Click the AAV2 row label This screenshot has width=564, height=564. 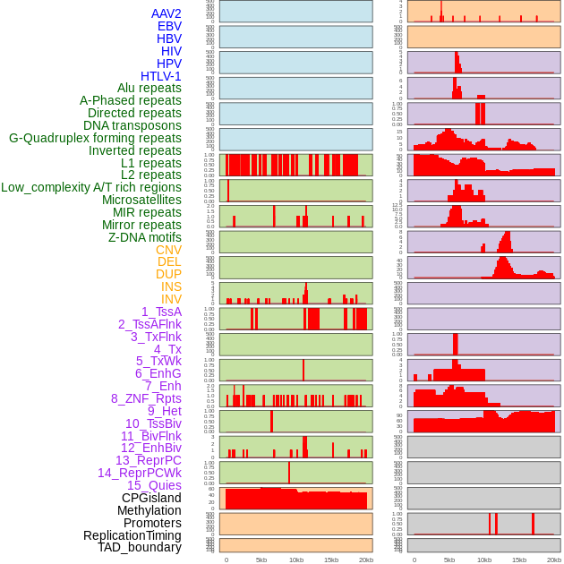click(x=167, y=13)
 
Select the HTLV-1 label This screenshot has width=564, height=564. click(x=161, y=76)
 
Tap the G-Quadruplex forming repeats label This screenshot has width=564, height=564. click(x=95, y=138)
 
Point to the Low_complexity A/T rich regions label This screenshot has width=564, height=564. click(x=91, y=187)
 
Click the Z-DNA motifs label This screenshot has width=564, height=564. click(x=145, y=237)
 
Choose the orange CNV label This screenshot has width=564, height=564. click(x=168, y=250)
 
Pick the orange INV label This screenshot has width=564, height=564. click(x=171, y=299)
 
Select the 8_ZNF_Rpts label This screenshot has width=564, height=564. click(x=146, y=398)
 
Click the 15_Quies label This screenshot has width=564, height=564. click(x=154, y=485)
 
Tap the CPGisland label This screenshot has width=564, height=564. click(x=151, y=498)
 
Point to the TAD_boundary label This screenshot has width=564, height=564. click(x=140, y=547)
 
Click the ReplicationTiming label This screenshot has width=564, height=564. click(x=132, y=535)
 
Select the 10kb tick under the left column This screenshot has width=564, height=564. click(x=295, y=560)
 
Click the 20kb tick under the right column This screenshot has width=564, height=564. click(x=554, y=560)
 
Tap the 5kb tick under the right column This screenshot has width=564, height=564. click(x=449, y=560)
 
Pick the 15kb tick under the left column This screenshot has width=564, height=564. click(x=330, y=560)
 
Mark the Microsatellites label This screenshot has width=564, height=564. click(x=141, y=200)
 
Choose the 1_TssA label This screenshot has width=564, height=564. click(x=161, y=312)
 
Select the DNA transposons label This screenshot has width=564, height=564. click(x=132, y=125)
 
